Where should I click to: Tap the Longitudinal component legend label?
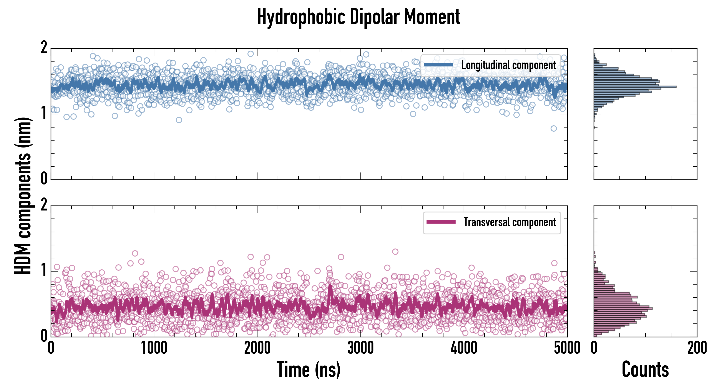coord(508,65)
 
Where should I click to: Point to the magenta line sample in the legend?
coord(441,222)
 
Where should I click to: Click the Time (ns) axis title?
coord(308,369)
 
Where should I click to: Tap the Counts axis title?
coord(645,369)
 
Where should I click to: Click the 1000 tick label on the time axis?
coord(154,348)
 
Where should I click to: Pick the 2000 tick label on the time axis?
coord(257,348)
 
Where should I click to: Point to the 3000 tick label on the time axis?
coord(360,348)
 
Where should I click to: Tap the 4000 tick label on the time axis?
coord(464,348)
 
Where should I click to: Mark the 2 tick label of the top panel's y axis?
coord(44,48)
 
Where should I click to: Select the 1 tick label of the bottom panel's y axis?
coord(44,270)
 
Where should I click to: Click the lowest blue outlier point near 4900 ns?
coord(554,128)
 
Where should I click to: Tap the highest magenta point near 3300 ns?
coord(395,252)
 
